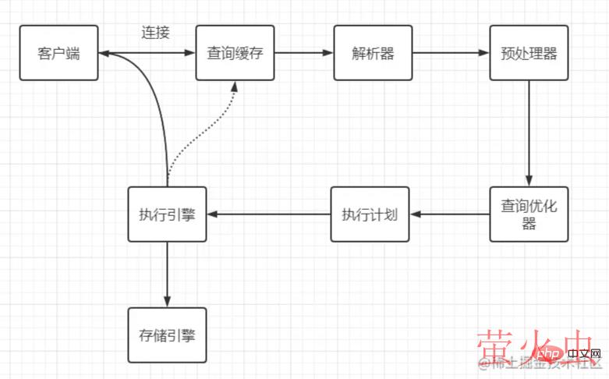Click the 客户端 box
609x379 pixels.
coord(59,53)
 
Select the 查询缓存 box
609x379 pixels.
coord(235,53)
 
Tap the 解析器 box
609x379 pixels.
coord(373,53)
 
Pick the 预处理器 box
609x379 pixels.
coord(529,53)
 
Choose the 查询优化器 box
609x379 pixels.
coord(529,214)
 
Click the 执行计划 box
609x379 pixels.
coord(370,214)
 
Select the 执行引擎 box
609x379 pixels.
coord(167,214)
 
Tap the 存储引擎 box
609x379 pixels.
coord(167,335)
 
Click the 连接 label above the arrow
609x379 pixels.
coord(155,33)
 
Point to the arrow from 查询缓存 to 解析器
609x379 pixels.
coord(304,53)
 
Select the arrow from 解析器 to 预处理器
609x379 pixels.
coord(451,53)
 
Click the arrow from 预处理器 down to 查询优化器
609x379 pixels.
coord(529,133)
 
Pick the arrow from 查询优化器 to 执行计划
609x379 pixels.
coord(449,214)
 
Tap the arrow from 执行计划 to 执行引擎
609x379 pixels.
coord(268,214)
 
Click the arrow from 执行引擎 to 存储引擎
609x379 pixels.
coord(167,273)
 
